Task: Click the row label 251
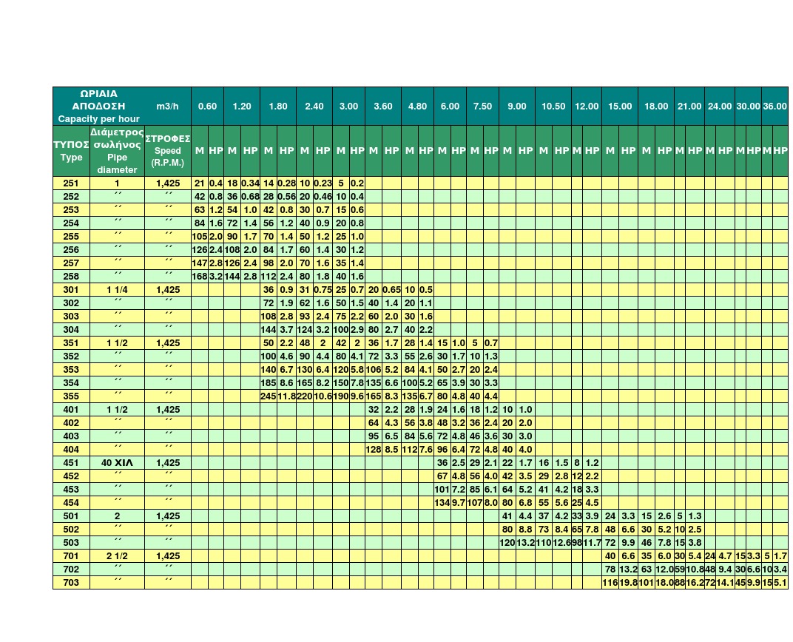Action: (x=71, y=183)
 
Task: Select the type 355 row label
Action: (x=71, y=396)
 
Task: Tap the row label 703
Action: (x=71, y=583)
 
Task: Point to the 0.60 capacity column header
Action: (x=207, y=107)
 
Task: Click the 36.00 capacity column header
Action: (x=775, y=107)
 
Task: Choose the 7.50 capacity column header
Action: (x=482, y=107)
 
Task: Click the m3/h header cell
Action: (x=167, y=107)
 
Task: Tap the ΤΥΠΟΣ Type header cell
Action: (x=71, y=151)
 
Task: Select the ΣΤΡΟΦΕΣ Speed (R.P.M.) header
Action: (x=167, y=151)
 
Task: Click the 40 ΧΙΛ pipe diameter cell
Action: (x=116, y=462)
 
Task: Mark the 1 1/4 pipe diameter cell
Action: (x=116, y=289)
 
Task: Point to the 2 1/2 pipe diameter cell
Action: (x=116, y=555)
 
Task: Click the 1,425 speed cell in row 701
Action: (x=167, y=555)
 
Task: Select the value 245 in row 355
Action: (x=268, y=396)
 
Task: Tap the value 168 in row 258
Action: (x=199, y=276)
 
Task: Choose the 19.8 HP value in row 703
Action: (x=628, y=583)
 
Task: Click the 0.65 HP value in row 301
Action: (x=391, y=289)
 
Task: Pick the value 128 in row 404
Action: (x=374, y=449)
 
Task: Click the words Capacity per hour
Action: (x=99, y=119)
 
